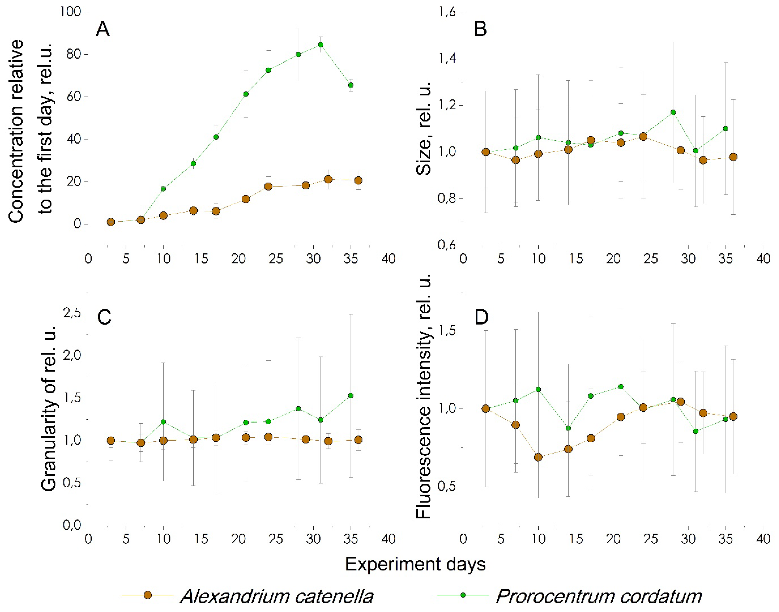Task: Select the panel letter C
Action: coord(104,317)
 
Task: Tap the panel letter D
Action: coord(482,317)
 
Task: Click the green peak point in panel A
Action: coord(321,45)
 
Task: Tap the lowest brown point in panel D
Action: coord(538,457)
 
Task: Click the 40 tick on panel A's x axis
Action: coord(388,259)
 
